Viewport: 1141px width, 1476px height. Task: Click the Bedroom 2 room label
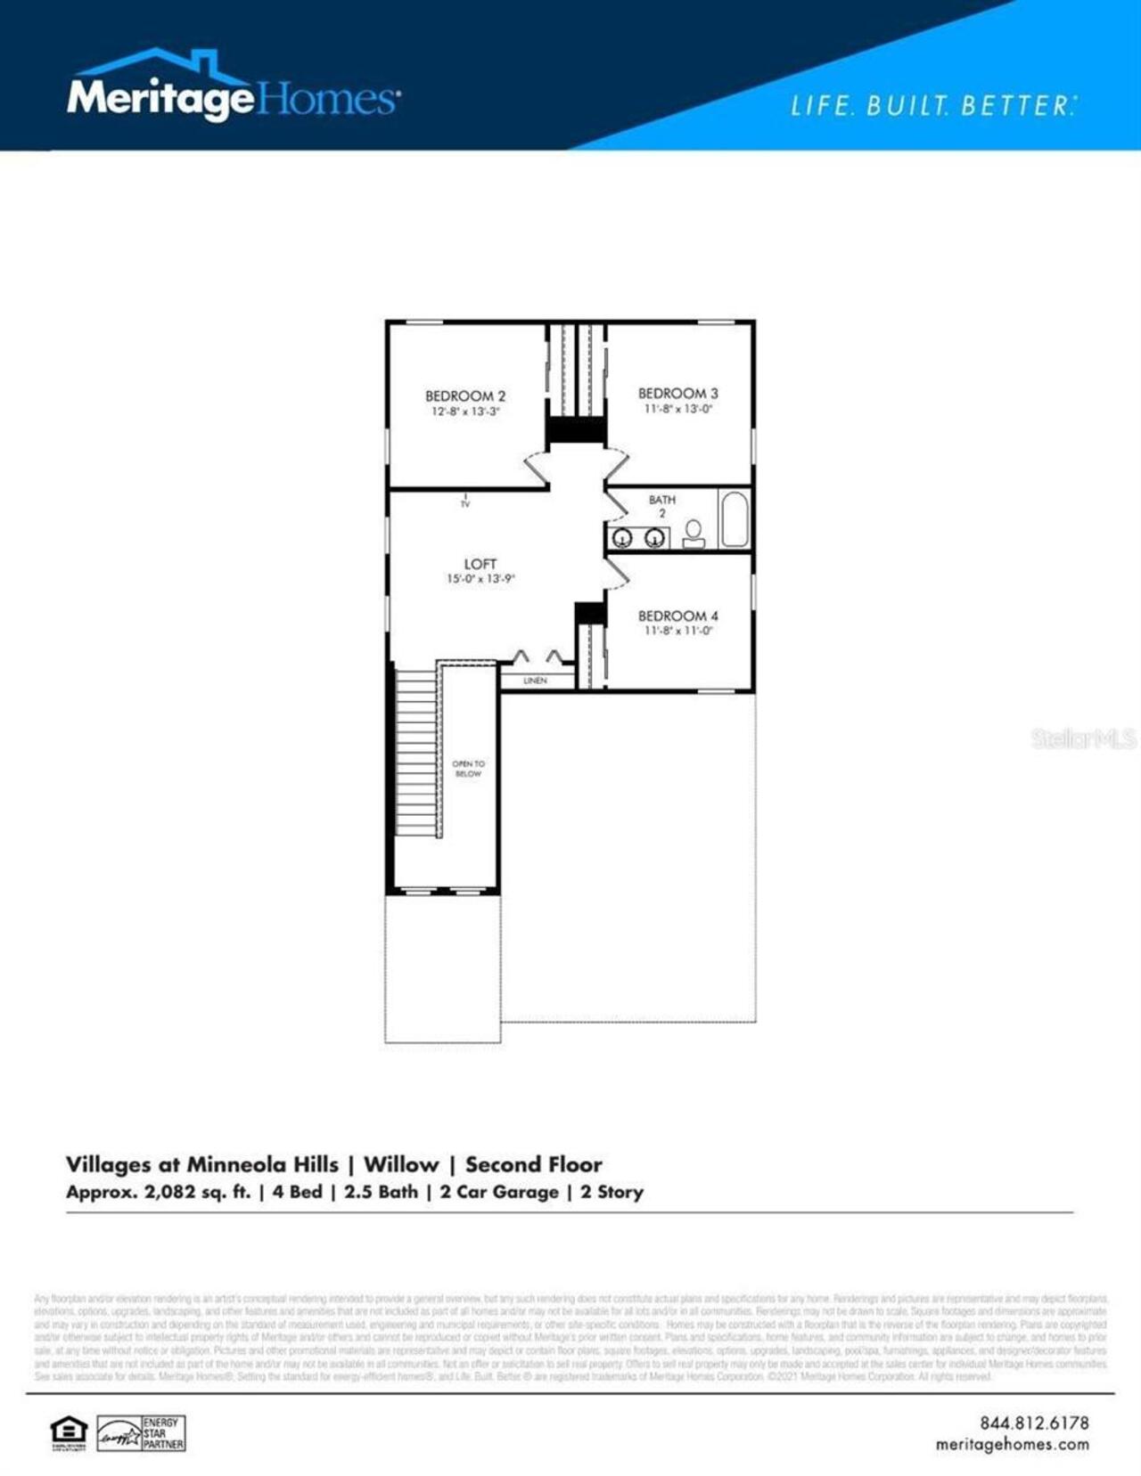pyautogui.click(x=464, y=396)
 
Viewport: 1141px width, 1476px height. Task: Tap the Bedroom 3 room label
pyautogui.click(x=677, y=393)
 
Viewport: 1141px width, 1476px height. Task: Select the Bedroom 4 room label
pyautogui.click(x=677, y=616)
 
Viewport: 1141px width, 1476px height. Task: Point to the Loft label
pyautogui.click(x=480, y=564)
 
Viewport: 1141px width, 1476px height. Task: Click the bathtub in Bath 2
pyautogui.click(x=735, y=518)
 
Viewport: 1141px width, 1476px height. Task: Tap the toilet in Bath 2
pyautogui.click(x=694, y=534)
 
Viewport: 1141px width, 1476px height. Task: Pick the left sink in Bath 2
pyautogui.click(x=622, y=538)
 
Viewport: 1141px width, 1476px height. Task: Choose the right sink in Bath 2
pyautogui.click(x=655, y=538)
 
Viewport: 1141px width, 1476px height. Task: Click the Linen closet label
pyautogui.click(x=535, y=681)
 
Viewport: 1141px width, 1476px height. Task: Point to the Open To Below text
pyautogui.click(x=468, y=769)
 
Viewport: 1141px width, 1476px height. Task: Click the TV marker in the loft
pyautogui.click(x=465, y=503)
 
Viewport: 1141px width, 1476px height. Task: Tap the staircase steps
pyautogui.click(x=415, y=753)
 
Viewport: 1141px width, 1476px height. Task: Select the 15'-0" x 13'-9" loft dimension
pyautogui.click(x=480, y=579)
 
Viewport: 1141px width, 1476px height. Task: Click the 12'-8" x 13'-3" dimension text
pyautogui.click(x=465, y=412)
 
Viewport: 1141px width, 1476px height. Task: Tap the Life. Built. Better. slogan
pyautogui.click(x=932, y=106)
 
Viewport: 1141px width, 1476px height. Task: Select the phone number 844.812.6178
pyautogui.click(x=1034, y=1423)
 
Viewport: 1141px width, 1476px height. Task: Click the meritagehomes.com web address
pyautogui.click(x=1012, y=1444)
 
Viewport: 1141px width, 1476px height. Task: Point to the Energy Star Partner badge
pyautogui.click(x=141, y=1433)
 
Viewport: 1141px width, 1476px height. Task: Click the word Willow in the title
pyautogui.click(x=401, y=1164)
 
